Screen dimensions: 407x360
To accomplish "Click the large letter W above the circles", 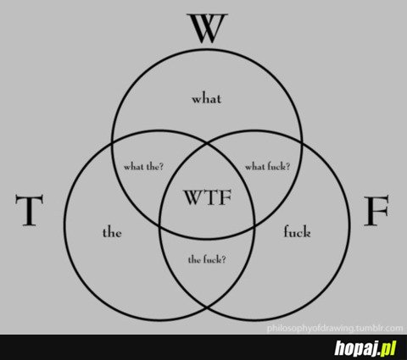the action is coord(207,28).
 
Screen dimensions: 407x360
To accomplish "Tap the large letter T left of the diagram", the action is coord(29,210).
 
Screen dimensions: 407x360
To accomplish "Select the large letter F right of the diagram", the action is coord(376,211).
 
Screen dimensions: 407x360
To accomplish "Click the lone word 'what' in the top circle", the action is coord(207,98).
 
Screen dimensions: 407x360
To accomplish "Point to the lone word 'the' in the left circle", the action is coord(112,233).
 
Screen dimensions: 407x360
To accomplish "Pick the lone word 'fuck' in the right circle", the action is coord(297,231).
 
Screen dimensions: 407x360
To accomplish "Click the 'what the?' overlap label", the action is coord(143,167).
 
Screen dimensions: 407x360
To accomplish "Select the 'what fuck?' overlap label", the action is coord(267,166).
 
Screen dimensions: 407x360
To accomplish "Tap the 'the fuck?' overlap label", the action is coord(207,259).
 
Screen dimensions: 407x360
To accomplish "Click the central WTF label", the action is coord(208,197).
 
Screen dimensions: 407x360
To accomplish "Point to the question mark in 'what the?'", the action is coord(160,167).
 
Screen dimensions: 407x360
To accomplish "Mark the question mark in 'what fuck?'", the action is coord(287,166).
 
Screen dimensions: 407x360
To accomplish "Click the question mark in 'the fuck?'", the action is coord(223,259).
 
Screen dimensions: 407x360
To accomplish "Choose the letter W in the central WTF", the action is coord(194,197).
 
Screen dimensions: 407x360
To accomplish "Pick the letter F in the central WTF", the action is coord(226,197).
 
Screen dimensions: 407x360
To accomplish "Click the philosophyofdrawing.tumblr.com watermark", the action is coord(335,328).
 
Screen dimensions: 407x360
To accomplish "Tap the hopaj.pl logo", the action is coord(365,348).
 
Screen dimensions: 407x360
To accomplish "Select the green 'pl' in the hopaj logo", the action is coord(388,348).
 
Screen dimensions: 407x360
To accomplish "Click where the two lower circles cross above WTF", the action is coord(207,143).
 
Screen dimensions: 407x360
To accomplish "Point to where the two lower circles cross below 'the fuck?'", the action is coord(207,307).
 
